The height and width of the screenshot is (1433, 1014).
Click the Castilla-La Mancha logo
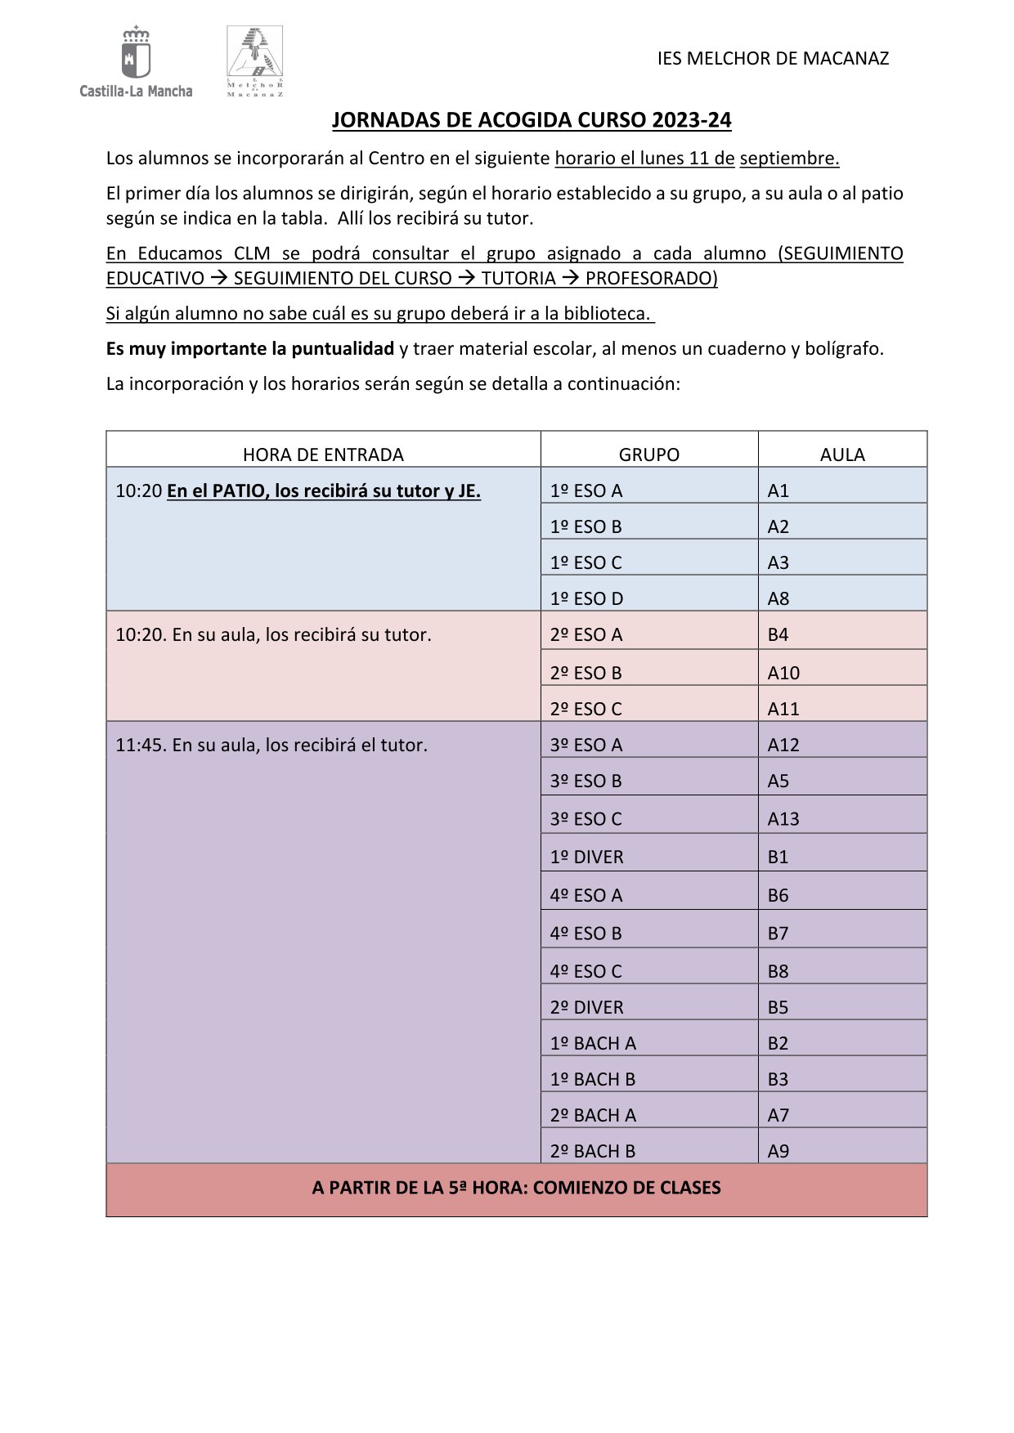tap(136, 62)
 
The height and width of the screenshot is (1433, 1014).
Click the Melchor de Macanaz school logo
tap(254, 61)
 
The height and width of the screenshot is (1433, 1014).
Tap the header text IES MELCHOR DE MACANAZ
tap(773, 58)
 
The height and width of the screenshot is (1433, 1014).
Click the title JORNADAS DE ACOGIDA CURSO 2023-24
tap(532, 120)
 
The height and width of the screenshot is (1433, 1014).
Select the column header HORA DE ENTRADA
tap(323, 455)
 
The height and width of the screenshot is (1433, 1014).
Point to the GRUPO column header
tap(648, 455)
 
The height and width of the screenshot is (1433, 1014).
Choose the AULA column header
tap(842, 455)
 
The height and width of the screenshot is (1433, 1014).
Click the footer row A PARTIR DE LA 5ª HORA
tap(516, 1188)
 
